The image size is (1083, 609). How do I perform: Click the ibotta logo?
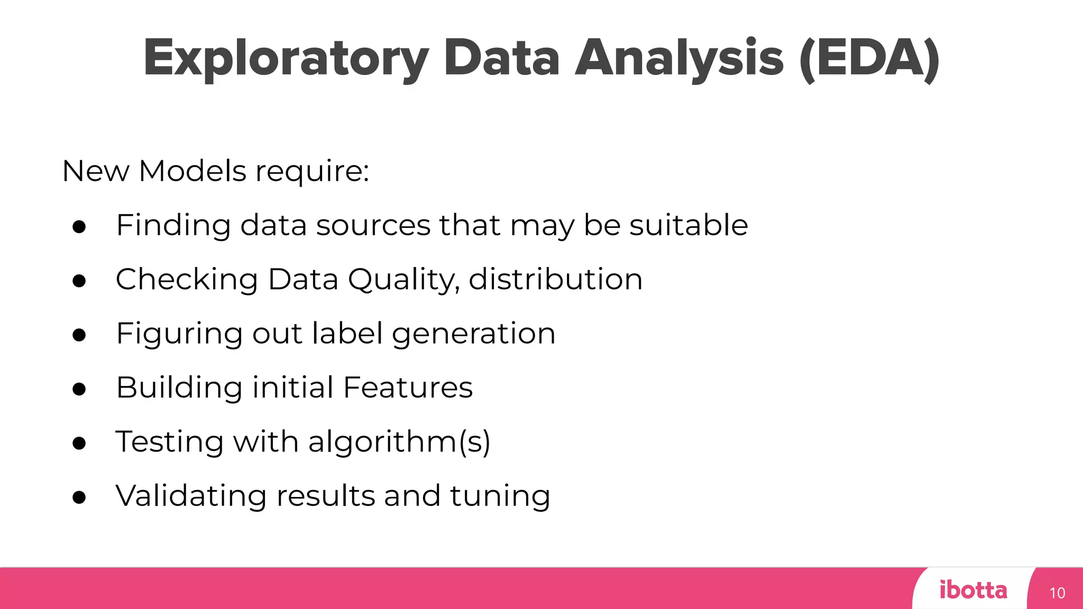(x=973, y=590)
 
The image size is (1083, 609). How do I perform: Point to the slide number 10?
(x=1057, y=593)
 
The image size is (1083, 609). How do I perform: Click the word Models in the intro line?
(x=192, y=171)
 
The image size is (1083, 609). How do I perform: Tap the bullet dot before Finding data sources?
(x=79, y=227)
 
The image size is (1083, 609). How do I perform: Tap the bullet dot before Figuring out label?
(x=79, y=335)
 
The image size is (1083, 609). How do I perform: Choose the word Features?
(x=408, y=387)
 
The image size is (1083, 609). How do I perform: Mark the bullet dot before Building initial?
(x=79, y=390)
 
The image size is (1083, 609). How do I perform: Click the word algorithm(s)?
(x=399, y=442)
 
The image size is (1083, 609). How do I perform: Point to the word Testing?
(x=169, y=442)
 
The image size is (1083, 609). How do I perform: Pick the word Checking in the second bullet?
(x=187, y=280)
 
